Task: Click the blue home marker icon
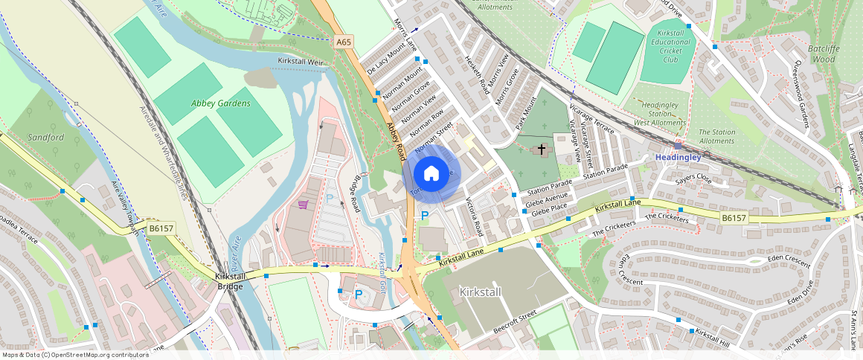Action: (431, 174)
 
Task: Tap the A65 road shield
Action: (343, 42)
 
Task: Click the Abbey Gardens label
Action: (221, 103)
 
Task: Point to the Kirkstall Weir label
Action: (301, 61)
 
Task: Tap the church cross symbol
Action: (542, 150)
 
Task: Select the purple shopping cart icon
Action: (303, 205)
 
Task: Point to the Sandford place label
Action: (46, 138)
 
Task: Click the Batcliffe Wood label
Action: (824, 54)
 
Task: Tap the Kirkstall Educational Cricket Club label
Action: (672, 47)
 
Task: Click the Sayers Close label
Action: (694, 180)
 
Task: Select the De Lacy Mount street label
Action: (386, 59)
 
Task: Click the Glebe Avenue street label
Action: (546, 198)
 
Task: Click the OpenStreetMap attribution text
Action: (75, 355)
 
